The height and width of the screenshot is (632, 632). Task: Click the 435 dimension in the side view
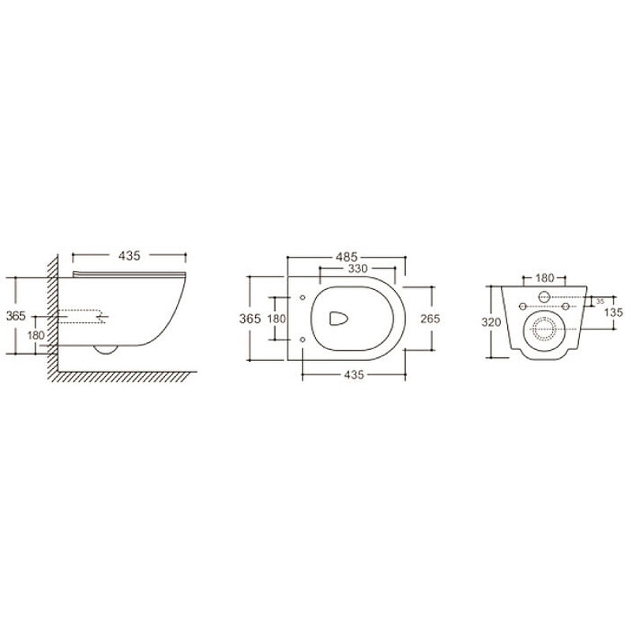pyautogui.click(x=130, y=256)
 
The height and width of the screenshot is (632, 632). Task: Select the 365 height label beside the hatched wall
pyautogui.click(x=16, y=316)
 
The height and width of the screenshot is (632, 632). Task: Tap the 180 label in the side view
pyautogui.click(x=36, y=335)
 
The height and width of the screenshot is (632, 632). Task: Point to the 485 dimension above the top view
pyautogui.click(x=347, y=257)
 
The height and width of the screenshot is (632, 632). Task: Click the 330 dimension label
pyautogui.click(x=358, y=269)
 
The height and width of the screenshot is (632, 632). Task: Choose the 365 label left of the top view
pyautogui.click(x=250, y=319)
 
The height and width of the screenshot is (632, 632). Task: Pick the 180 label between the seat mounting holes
pyautogui.click(x=276, y=319)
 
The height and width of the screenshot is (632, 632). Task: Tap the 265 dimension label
pyautogui.click(x=430, y=319)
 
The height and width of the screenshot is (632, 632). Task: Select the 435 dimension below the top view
pyautogui.click(x=354, y=374)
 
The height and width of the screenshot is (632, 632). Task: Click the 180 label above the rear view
pyautogui.click(x=544, y=278)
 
